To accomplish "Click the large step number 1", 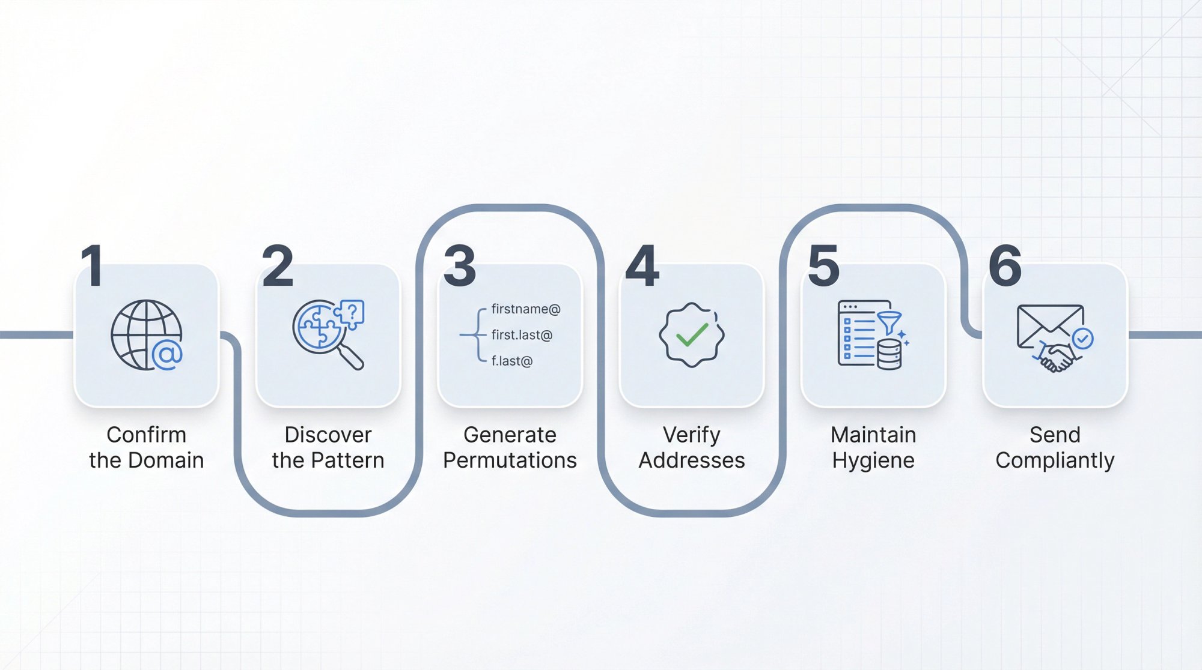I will (93, 265).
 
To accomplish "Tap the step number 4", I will (642, 265).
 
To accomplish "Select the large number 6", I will (1005, 265).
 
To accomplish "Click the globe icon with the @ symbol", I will (147, 335).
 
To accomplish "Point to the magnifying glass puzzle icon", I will (328, 334).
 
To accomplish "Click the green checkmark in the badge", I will (691, 335).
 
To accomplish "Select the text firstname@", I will (525, 309).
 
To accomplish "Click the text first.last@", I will (522, 335).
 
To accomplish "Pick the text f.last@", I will (512, 361).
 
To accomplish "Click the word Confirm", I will (147, 435).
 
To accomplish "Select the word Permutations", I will (510, 460).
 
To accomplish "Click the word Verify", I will (691, 435).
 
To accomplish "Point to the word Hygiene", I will (873, 460).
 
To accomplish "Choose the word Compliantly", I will (1055, 460).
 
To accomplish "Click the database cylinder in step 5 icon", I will (889, 354).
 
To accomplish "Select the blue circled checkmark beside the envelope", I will (1083, 339).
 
